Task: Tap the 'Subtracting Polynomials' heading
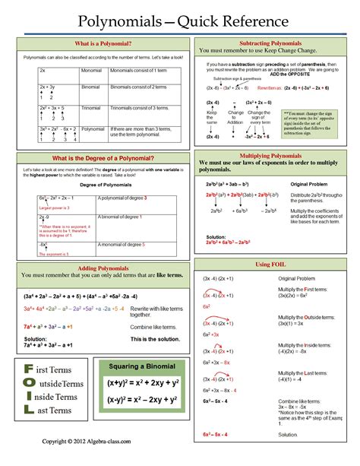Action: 270,43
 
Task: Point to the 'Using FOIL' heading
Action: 270,264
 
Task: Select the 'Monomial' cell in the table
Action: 92,69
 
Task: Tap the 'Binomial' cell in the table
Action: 91,87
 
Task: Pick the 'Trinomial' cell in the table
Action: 92,107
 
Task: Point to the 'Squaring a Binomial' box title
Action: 144,366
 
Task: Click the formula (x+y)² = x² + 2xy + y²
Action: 143,383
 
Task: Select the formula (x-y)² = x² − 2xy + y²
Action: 143,400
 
